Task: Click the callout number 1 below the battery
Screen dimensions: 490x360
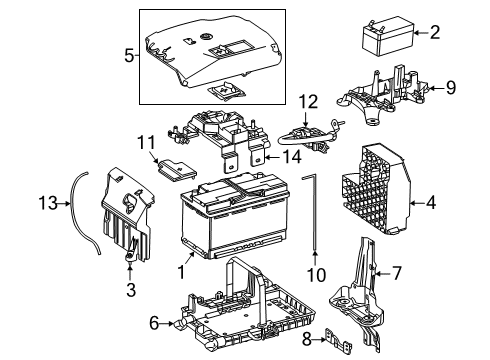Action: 181,272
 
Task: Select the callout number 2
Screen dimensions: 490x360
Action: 435,32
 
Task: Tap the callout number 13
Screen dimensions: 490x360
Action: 48,203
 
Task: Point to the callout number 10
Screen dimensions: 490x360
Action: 316,275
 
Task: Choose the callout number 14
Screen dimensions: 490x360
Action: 292,157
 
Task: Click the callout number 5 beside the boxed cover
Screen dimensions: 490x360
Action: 129,56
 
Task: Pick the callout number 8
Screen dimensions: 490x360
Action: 307,339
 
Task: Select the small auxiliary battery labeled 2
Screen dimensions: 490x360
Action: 388,36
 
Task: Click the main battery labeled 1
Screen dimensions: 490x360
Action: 234,215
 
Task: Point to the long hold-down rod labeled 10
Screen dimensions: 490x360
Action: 314,213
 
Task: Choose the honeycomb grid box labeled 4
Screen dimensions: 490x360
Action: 376,189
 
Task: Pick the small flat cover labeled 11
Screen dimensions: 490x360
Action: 177,170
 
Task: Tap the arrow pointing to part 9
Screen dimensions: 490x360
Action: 436,88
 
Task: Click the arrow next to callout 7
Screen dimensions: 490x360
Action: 382,274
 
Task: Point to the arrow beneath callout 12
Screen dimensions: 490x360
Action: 306,119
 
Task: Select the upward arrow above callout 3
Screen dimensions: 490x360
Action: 130,271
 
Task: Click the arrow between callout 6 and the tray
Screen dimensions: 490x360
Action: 166,323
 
